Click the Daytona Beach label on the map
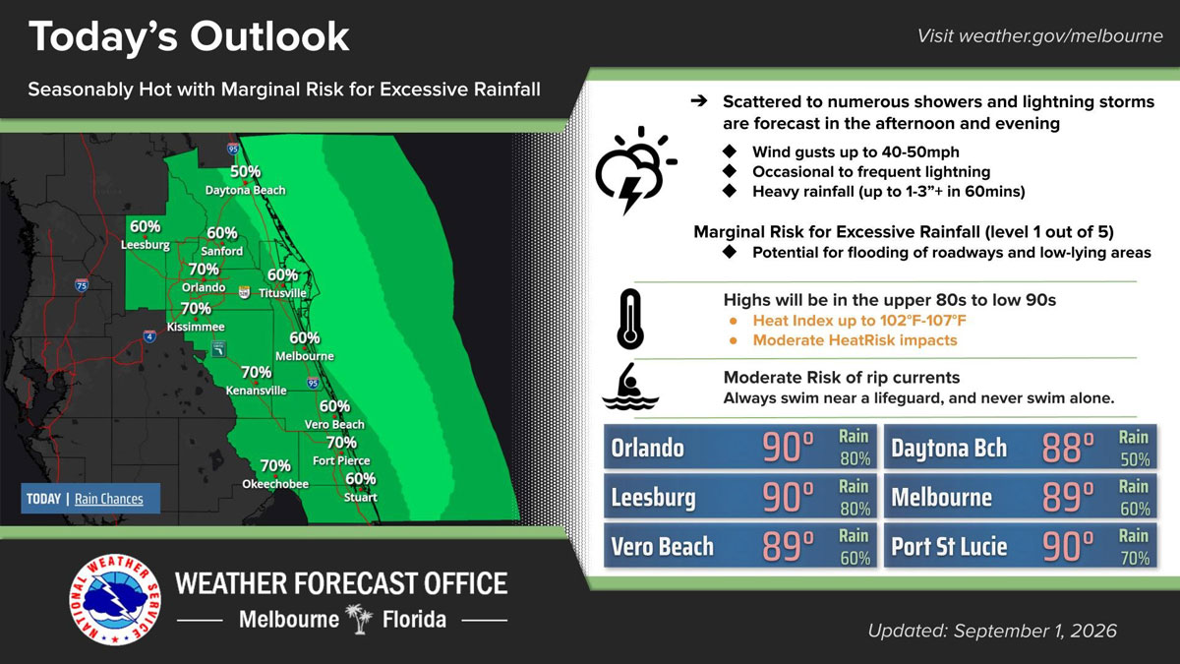[245, 190]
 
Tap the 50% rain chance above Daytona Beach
[245, 171]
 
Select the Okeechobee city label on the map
[275, 484]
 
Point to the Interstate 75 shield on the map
[81, 284]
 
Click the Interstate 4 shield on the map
[149, 335]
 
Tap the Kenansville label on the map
[256, 391]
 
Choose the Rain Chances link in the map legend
[108, 499]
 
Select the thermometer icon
[630, 319]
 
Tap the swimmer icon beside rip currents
[630, 387]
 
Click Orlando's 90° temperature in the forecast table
[788, 448]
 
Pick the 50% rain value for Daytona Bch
[1135, 459]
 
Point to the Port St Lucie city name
[949, 547]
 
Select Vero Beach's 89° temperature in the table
[788, 546]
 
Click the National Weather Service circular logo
[115, 600]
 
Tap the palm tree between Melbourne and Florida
[360, 619]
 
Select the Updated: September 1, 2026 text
[992, 631]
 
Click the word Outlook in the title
[269, 36]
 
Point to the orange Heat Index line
[859, 321]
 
